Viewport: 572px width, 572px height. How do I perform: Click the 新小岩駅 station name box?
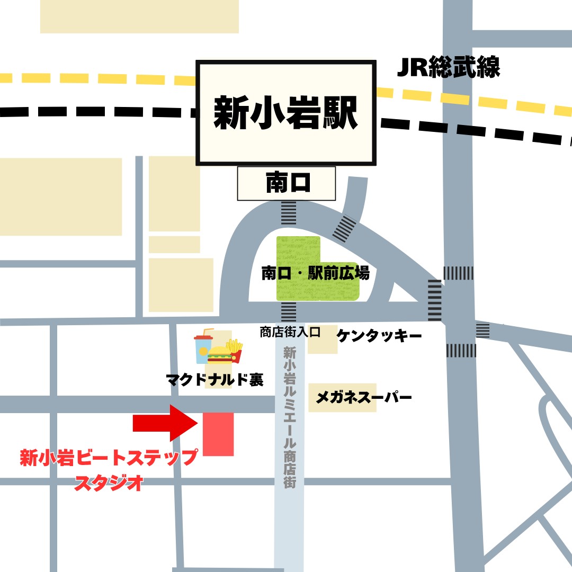tap(286, 112)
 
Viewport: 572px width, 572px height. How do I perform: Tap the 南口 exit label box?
tap(286, 183)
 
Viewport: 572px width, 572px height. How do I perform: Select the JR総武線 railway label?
tap(448, 68)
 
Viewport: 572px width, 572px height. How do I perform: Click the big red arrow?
tap(165, 422)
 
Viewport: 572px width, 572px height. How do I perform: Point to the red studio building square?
tap(218, 434)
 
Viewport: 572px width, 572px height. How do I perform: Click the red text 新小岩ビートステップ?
tap(109, 458)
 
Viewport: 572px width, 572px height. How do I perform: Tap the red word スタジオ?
tap(109, 482)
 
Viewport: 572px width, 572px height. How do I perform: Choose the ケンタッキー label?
tap(379, 336)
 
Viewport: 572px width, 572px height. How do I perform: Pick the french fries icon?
tap(235, 351)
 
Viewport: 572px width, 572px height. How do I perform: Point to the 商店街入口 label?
tap(290, 332)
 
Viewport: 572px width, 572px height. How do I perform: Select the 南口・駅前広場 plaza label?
tap(315, 274)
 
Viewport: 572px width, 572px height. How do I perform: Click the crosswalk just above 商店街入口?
tap(289, 312)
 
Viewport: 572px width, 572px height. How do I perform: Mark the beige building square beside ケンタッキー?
tap(323, 339)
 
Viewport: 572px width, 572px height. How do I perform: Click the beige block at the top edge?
tap(139, 16)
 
